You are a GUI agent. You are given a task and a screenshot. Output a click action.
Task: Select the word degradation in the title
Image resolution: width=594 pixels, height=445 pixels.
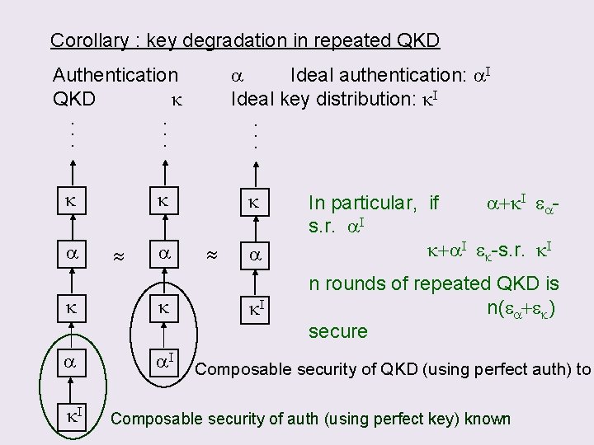(216, 40)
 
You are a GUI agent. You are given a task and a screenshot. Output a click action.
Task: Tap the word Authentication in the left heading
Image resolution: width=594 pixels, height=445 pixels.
(115, 76)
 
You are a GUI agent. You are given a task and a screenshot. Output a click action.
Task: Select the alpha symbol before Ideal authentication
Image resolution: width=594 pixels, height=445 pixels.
(234, 76)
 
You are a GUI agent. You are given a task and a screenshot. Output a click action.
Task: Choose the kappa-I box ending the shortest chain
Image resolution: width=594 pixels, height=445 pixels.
(257, 309)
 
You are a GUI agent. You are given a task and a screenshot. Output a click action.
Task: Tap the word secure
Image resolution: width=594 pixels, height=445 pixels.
(337, 331)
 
